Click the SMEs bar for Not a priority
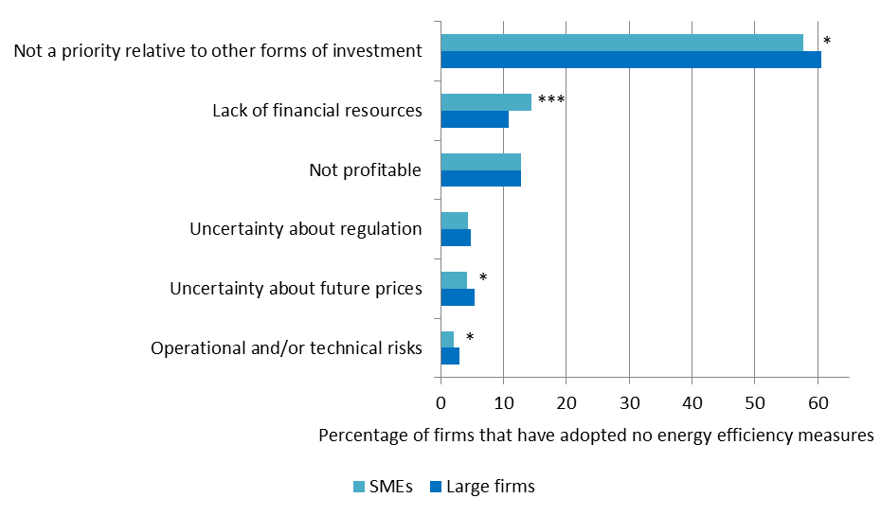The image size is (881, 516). pos(621,43)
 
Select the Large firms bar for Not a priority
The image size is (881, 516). pos(630,60)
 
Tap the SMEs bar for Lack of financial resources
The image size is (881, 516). pos(486,102)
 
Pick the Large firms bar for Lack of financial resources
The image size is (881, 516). pos(475,119)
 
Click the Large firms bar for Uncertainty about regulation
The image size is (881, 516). pos(456,238)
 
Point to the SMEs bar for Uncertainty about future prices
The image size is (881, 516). pos(454,280)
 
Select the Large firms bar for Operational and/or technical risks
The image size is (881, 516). pos(450,356)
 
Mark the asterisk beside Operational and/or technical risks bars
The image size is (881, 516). pos(469,338)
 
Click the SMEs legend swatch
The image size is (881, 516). pos(359,487)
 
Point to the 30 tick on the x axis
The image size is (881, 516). pos(629,401)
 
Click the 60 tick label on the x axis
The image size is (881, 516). pos(818,401)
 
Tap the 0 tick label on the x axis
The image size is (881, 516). pos(440,401)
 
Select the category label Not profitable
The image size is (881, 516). pos(365,170)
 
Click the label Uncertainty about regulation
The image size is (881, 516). pos(305,229)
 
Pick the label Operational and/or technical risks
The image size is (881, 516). pos(286,348)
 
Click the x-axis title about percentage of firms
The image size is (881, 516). pos(595,436)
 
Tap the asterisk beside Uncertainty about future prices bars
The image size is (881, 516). pos(483,278)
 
